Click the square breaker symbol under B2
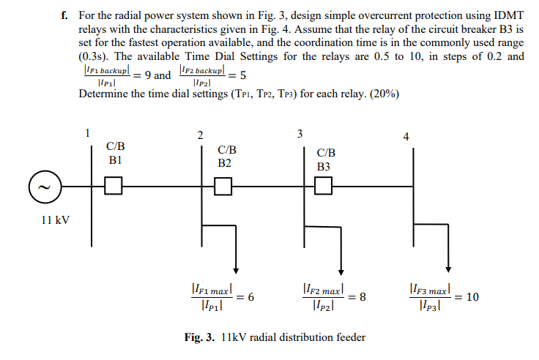tap(223, 187)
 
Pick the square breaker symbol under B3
tap(323, 187)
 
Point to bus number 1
tap(87, 133)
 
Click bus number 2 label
tap(201, 135)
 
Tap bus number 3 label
tap(299, 134)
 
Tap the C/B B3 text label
tap(325, 160)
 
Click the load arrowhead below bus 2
tap(234, 267)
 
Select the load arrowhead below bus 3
tap(341, 267)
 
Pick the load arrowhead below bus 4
tap(448, 267)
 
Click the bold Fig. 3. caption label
tap(201, 337)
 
